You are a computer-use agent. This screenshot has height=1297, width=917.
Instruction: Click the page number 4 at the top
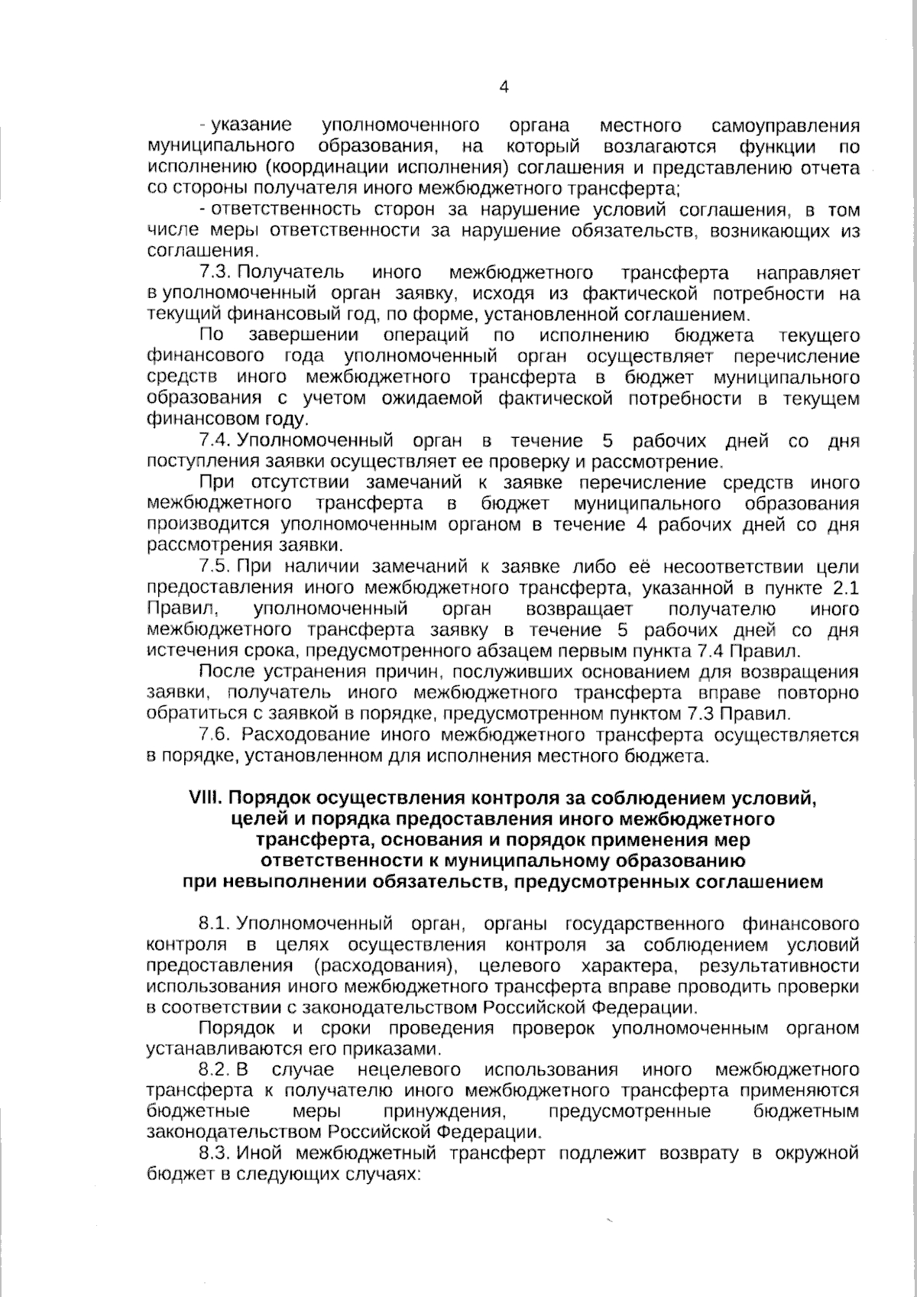pos(503,87)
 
